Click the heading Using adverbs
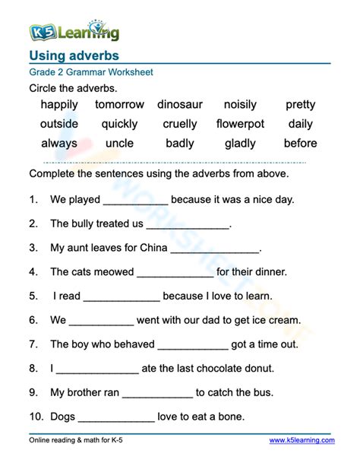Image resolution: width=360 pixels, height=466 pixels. (74, 55)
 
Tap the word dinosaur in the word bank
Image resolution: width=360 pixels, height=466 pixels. (181, 104)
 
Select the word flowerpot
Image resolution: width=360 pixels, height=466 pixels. (240, 123)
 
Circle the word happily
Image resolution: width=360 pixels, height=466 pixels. (59, 104)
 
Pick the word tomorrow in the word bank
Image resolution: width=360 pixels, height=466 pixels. (119, 104)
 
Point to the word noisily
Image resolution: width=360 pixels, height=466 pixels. (240, 104)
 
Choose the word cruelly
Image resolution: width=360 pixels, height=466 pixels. (180, 123)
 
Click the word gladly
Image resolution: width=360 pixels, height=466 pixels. (240, 143)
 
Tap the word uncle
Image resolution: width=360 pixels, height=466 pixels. (119, 143)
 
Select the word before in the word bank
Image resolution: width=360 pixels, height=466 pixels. (300, 143)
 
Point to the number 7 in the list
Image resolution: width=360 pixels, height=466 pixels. (33, 344)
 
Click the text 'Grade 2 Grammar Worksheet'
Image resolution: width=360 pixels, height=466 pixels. (91, 72)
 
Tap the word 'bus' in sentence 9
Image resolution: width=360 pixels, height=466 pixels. (264, 392)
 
